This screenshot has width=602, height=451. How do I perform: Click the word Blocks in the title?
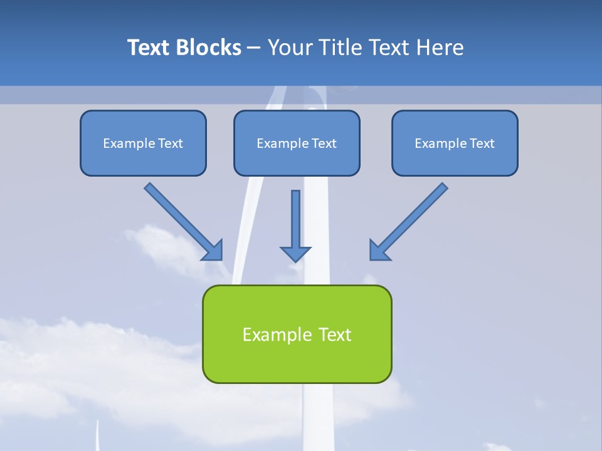point(209,48)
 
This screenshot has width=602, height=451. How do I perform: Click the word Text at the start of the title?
point(150,48)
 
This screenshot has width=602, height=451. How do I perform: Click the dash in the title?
point(255,48)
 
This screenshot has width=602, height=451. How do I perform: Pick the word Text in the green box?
point(335,334)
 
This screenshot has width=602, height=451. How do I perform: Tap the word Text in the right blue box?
point(482,143)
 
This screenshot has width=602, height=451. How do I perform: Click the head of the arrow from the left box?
point(213,251)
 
